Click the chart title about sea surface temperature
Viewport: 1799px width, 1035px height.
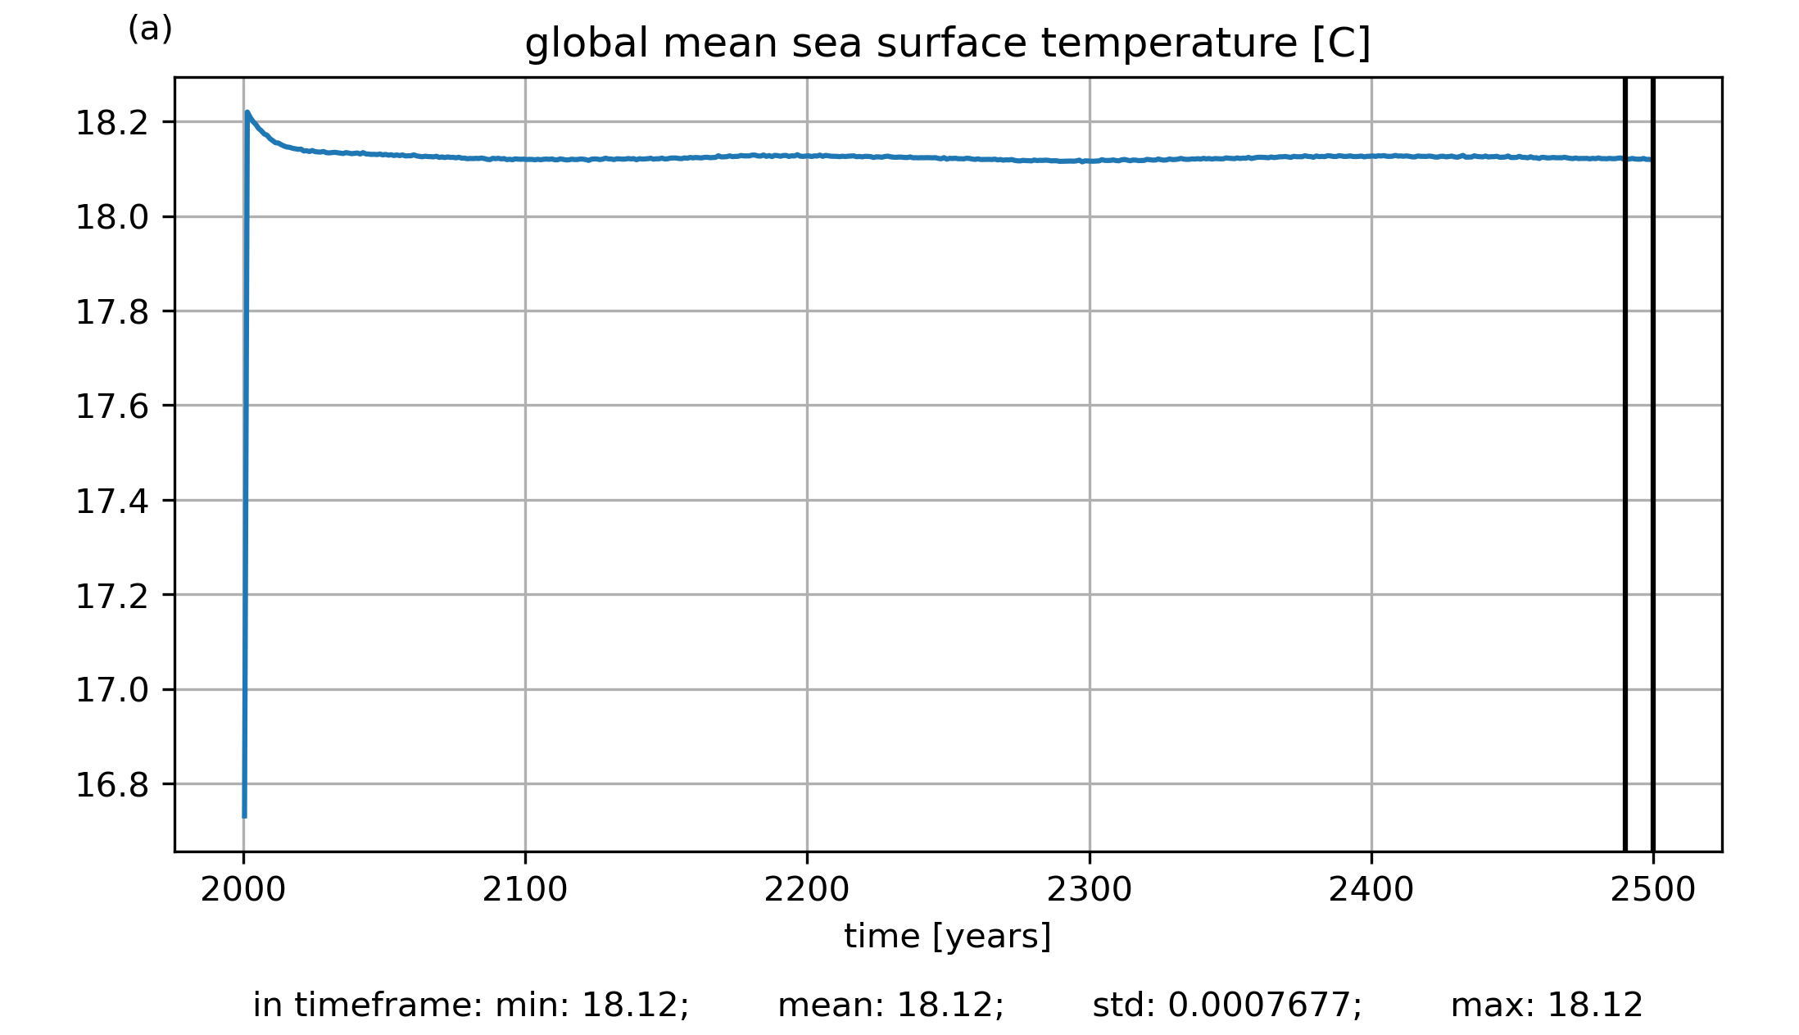click(x=947, y=43)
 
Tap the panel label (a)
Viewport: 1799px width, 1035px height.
click(x=150, y=30)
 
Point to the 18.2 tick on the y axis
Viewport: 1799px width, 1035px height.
click(x=111, y=123)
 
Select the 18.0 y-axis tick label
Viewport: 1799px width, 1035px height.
click(x=111, y=217)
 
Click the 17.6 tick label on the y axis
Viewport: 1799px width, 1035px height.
click(x=111, y=406)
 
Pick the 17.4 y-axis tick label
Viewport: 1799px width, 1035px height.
click(x=111, y=501)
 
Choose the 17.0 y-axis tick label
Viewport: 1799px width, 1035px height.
click(x=111, y=690)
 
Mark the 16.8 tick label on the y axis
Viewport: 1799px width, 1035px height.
click(x=111, y=785)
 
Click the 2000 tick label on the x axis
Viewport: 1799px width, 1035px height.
click(x=242, y=890)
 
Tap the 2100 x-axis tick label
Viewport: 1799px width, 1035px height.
click(x=524, y=890)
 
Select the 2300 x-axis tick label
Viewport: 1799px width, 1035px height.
click(x=1089, y=890)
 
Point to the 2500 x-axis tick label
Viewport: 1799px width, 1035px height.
click(x=1652, y=890)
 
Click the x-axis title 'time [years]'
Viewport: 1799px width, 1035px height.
click(x=947, y=936)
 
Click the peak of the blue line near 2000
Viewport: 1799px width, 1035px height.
click(x=247, y=112)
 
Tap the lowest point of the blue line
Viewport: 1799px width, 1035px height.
click(x=244, y=816)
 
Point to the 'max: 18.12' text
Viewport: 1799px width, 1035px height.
click(x=1547, y=1005)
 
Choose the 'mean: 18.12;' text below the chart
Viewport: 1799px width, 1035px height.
click(x=890, y=1005)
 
